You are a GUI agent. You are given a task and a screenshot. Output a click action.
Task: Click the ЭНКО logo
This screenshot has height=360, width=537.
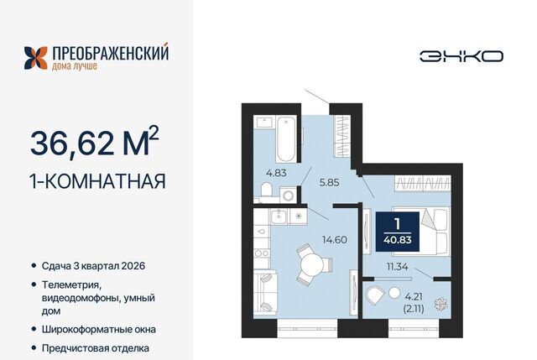click(x=461, y=56)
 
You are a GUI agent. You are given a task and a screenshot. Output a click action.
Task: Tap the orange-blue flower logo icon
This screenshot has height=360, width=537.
click(x=35, y=58)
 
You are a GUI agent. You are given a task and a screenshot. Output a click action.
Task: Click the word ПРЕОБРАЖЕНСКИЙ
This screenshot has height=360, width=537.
click(x=110, y=54)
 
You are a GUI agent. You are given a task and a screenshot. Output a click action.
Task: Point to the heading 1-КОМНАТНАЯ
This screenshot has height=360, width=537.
click(x=98, y=181)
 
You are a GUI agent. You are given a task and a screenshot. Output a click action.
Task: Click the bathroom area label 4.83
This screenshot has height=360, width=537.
click(x=276, y=173)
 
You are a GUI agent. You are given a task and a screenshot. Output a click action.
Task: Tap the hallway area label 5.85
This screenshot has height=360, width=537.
click(x=329, y=183)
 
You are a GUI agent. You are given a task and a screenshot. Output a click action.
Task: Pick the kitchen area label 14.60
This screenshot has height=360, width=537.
click(x=335, y=240)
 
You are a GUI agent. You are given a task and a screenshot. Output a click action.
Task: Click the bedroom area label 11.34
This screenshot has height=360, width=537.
click(x=397, y=267)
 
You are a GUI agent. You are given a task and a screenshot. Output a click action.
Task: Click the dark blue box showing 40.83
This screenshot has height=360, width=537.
click(x=398, y=232)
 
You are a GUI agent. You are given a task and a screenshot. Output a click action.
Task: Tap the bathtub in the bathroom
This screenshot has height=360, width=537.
click(x=286, y=138)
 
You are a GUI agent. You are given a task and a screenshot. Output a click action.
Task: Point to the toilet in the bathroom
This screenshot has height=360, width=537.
click(x=266, y=190)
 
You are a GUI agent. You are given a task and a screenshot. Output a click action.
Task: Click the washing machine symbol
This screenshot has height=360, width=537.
click(x=288, y=196)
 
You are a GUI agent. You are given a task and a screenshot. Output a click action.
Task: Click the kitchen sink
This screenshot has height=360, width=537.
click(x=279, y=217)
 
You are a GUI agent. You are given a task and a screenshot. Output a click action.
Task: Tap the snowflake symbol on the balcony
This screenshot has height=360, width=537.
click(x=439, y=304)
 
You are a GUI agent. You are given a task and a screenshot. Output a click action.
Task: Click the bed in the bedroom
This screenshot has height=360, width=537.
click(x=420, y=232)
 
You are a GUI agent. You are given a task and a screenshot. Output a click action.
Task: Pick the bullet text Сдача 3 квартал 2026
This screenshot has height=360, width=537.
click(x=93, y=266)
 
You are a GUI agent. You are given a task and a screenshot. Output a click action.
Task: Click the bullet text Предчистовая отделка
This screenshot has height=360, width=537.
click(x=96, y=348)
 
